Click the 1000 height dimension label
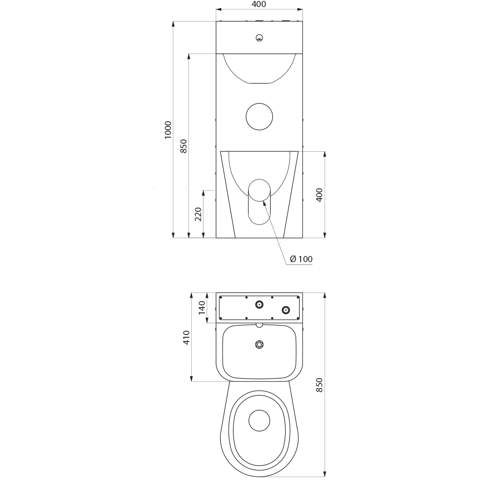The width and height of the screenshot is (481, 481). pyautogui.click(x=168, y=130)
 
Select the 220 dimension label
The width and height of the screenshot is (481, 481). pyautogui.click(x=199, y=214)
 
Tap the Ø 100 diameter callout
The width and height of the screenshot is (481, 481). pyautogui.click(x=301, y=259)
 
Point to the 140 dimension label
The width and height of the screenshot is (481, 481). pyautogui.click(x=202, y=308)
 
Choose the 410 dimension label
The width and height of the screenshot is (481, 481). pyautogui.click(x=186, y=337)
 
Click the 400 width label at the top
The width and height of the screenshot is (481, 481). pyautogui.click(x=259, y=4)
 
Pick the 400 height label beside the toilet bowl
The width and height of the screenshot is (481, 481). pyautogui.click(x=319, y=195)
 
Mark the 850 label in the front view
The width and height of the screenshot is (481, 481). pyautogui.click(x=183, y=147)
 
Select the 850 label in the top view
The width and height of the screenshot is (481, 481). pyautogui.click(x=319, y=385)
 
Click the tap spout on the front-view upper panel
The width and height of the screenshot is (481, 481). pyautogui.click(x=259, y=38)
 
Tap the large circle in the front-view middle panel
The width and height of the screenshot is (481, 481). pyautogui.click(x=259, y=116)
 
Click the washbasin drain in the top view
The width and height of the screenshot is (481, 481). pyautogui.click(x=259, y=345)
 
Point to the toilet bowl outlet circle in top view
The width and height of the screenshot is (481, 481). pyautogui.click(x=259, y=420)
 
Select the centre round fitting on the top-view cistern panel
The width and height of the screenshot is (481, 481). pyautogui.click(x=259, y=304)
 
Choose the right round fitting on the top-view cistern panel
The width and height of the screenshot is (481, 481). pyautogui.click(x=286, y=310)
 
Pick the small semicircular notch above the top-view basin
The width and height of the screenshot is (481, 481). pyautogui.click(x=259, y=326)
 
